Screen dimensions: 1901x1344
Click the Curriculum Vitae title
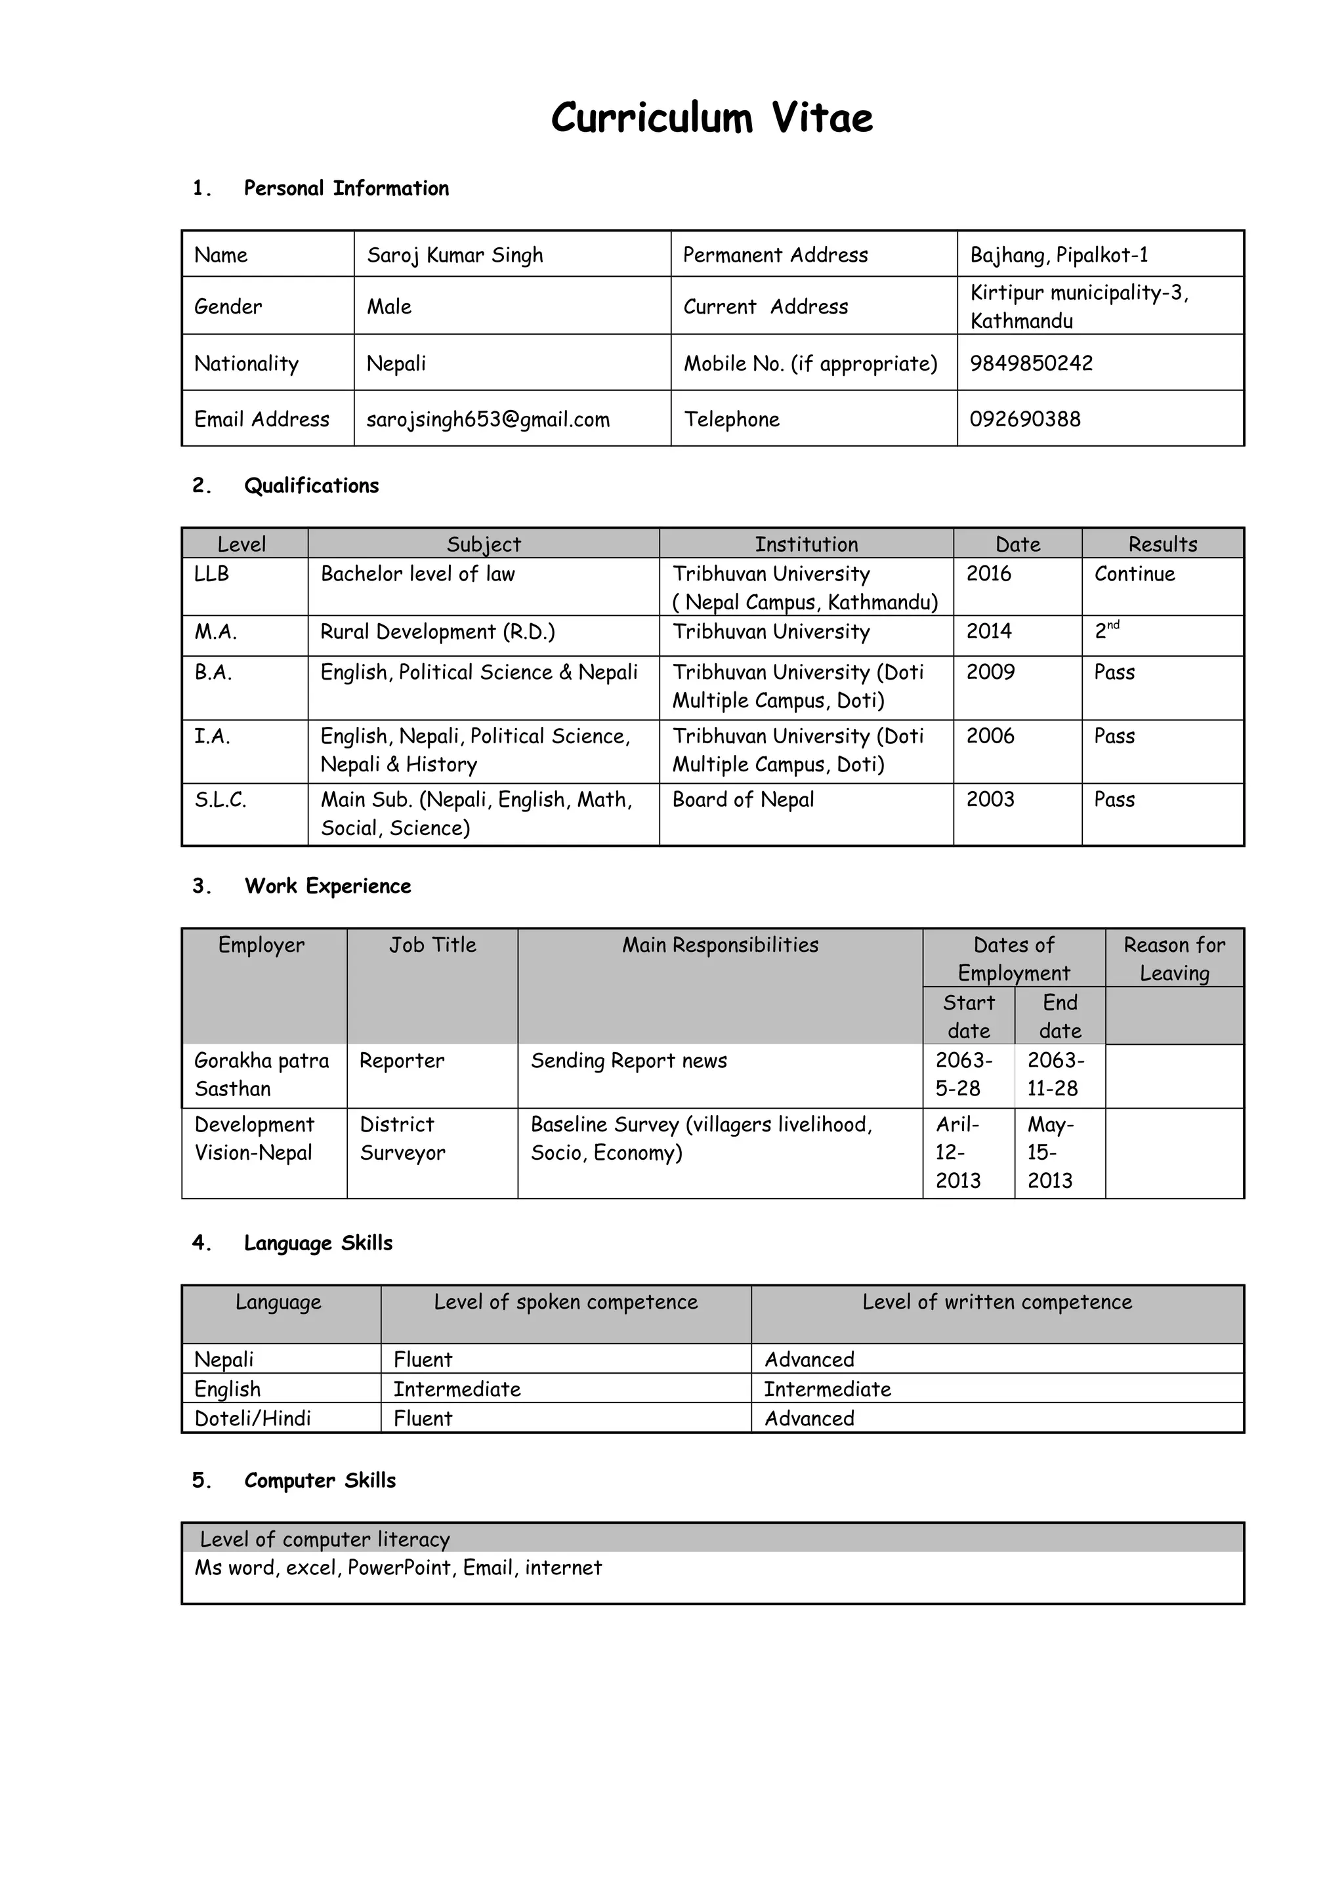pyautogui.click(x=711, y=117)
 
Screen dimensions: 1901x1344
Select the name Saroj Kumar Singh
pyautogui.click(x=455, y=255)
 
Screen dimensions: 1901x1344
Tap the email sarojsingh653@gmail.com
pyautogui.click(x=488, y=420)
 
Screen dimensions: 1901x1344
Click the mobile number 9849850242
pyautogui.click(x=1031, y=363)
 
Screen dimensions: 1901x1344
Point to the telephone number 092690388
pyautogui.click(x=1024, y=419)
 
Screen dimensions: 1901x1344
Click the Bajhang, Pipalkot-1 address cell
pyautogui.click(x=1059, y=255)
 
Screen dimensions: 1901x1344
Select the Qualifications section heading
pyautogui.click(x=310, y=486)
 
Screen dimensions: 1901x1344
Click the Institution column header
pyautogui.click(x=806, y=544)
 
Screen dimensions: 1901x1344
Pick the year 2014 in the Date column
pyautogui.click(x=989, y=632)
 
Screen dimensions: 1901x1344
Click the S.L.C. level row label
pyautogui.click(x=220, y=800)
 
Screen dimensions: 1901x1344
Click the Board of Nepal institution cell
pyautogui.click(x=743, y=800)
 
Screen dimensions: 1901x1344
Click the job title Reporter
pyautogui.click(x=402, y=1061)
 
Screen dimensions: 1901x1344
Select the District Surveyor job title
pyautogui.click(x=402, y=1139)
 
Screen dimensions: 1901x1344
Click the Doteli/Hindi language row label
pyautogui.click(x=253, y=1418)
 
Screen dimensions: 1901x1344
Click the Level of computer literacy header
pyautogui.click(x=325, y=1539)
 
